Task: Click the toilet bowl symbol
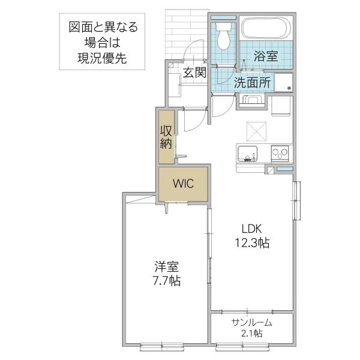pyautogui.click(x=224, y=37)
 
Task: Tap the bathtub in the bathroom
pyautogui.click(x=265, y=29)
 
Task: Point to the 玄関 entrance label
pyautogui.click(x=194, y=73)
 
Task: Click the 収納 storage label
pyautogui.click(x=166, y=137)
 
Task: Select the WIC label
pyautogui.click(x=183, y=184)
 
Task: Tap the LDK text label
pyautogui.click(x=252, y=229)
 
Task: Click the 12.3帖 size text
pyautogui.click(x=252, y=243)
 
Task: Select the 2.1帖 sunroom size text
pyautogui.click(x=252, y=334)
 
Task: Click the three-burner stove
pyautogui.click(x=280, y=153)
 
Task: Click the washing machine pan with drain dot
pyautogui.click(x=283, y=83)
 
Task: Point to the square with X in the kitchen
pyautogui.click(x=256, y=129)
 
